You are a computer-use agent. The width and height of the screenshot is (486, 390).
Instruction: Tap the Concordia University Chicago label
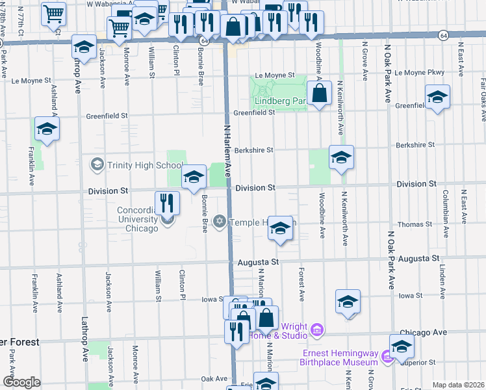[x=138, y=219]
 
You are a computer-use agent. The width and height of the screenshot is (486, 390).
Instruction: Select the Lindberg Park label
[x=280, y=101]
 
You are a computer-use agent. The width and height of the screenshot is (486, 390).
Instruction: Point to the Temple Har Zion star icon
[x=220, y=222]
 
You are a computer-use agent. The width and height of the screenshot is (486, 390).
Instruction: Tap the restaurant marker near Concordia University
[x=168, y=203]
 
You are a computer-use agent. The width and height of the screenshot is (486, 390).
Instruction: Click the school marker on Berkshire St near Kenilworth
[x=341, y=157]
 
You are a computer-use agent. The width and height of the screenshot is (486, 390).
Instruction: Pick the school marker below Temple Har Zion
[x=280, y=229]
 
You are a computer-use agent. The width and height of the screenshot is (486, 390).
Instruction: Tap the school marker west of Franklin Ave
[x=47, y=129]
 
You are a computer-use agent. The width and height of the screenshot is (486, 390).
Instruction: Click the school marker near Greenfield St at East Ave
[x=437, y=97]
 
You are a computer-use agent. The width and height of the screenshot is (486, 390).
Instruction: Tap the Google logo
[x=21, y=382]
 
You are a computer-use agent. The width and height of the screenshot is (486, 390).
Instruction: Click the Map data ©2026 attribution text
[x=458, y=385]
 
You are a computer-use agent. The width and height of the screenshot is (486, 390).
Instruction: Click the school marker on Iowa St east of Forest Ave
[x=348, y=302]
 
